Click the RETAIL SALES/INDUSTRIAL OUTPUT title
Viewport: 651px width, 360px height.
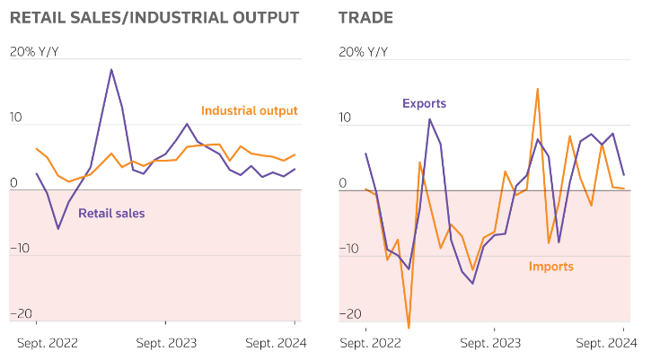point(154,18)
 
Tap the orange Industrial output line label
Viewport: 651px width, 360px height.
point(249,111)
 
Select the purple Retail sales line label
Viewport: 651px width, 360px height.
point(111,214)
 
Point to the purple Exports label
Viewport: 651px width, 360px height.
point(424,104)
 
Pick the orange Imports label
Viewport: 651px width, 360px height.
point(550,267)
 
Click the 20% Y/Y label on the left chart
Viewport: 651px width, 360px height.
point(34,52)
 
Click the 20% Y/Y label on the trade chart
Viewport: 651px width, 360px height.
point(364,52)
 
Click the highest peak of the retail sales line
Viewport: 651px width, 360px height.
point(111,69)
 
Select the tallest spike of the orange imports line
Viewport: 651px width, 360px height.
point(537,89)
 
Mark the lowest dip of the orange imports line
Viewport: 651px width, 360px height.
point(409,328)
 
